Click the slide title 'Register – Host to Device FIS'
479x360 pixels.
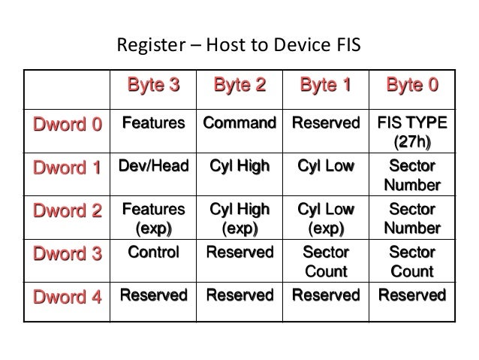239,47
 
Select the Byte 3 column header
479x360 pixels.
154,86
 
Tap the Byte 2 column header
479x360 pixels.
239,86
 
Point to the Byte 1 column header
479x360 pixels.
325,86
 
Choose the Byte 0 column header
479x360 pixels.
411,86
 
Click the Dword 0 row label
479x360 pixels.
67,125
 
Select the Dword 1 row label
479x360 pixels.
67,168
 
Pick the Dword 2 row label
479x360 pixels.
67,211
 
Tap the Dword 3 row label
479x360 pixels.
67,254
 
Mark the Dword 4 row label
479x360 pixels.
67,297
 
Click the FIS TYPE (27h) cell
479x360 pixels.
411,132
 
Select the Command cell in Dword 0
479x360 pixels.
239,123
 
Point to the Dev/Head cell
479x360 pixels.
154,166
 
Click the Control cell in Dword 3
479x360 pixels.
154,253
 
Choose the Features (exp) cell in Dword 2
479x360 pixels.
154,218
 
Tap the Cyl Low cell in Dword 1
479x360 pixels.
325,166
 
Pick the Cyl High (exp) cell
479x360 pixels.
239,218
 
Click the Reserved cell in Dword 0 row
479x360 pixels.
325,123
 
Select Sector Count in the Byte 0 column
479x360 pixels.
411,262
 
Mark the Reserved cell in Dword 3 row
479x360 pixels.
239,253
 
